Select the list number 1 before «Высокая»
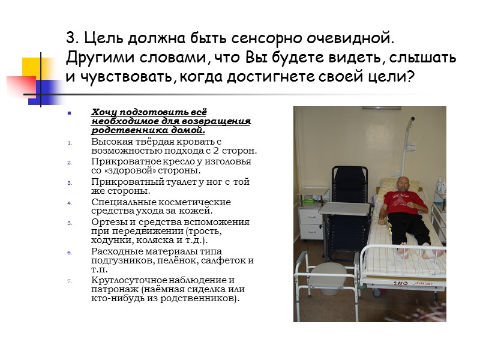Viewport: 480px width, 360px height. pyautogui.click(x=69, y=142)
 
